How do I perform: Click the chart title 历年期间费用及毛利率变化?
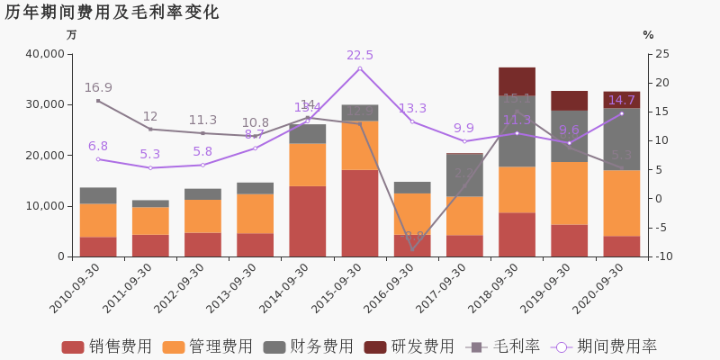coord(112,13)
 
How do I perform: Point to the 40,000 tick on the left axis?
coord(42,54)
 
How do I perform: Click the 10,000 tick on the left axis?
coord(42,206)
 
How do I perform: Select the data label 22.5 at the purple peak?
coord(360,56)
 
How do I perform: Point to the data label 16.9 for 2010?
coord(98,87)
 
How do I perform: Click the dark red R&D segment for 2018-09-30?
coord(517,81)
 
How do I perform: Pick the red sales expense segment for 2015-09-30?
coord(360,213)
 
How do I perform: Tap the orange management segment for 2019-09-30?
coord(569,193)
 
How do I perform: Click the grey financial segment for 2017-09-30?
coord(464,175)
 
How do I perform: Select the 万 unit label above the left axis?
coord(72,35)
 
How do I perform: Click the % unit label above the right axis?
coord(648,35)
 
